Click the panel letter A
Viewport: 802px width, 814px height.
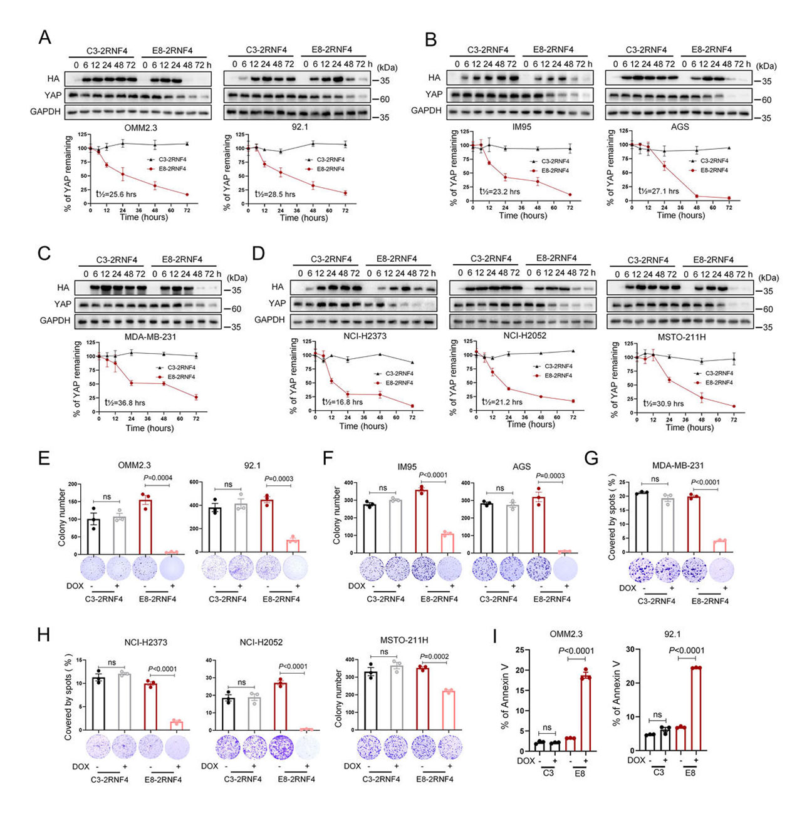44,37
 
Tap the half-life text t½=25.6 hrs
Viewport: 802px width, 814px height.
116,194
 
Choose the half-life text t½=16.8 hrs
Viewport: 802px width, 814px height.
342,402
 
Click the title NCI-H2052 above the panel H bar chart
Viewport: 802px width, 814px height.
261,642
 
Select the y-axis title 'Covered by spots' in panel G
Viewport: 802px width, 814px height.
612,517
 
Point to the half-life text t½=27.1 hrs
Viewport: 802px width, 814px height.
658,191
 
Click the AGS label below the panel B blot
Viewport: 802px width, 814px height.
680,126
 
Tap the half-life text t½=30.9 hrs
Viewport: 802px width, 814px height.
663,404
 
